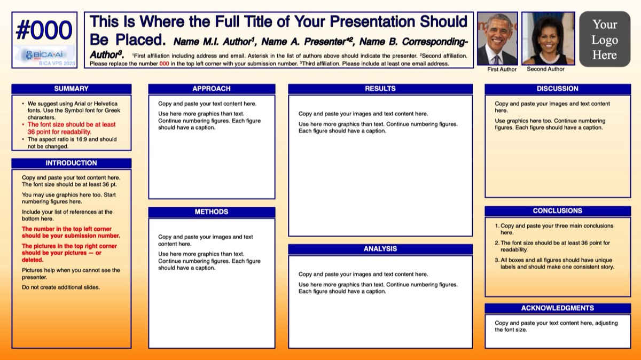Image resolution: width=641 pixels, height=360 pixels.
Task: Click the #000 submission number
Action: point(44,30)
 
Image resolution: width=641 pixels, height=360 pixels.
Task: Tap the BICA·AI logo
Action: point(44,54)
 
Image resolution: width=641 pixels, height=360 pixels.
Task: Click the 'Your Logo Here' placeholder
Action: point(605,39)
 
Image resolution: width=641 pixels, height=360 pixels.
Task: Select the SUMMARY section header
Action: point(71,89)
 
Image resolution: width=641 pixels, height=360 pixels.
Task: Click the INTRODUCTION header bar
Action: point(71,163)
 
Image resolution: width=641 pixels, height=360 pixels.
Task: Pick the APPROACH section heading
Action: point(212,89)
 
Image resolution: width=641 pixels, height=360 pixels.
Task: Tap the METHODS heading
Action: point(212,212)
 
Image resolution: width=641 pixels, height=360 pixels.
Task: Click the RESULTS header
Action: point(380,89)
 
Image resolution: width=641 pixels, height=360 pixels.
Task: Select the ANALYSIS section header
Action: point(380,249)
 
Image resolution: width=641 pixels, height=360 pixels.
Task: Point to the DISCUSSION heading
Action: point(558,89)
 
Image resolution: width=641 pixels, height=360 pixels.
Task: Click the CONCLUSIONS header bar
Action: point(558,211)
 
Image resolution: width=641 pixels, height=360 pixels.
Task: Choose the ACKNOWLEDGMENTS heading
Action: point(558,308)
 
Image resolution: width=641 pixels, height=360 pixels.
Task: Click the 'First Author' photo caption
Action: point(502,69)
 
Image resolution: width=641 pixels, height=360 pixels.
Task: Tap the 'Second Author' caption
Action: point(546,69)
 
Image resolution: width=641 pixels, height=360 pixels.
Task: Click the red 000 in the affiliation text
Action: point(164,64)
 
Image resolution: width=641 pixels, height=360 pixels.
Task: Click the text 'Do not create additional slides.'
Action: point(61,287)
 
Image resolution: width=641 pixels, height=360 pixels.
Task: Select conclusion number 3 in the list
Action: point(554,263)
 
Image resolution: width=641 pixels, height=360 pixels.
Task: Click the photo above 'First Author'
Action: point(497,38)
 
